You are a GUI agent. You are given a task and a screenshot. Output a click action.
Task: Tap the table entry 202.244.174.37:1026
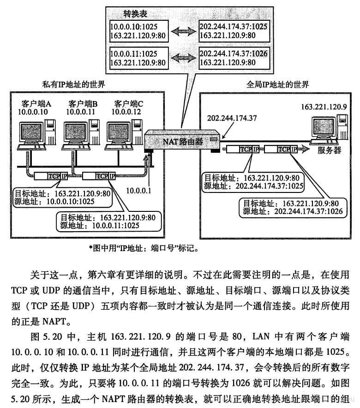[234, 54]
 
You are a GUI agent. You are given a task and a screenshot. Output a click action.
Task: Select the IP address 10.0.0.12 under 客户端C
[128, 112]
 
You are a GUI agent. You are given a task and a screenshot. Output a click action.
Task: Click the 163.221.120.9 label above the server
[323, 107]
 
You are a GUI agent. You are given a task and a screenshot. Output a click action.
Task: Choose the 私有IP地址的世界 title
[73, 84]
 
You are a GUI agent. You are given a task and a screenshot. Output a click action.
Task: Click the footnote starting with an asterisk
[143, 249]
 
